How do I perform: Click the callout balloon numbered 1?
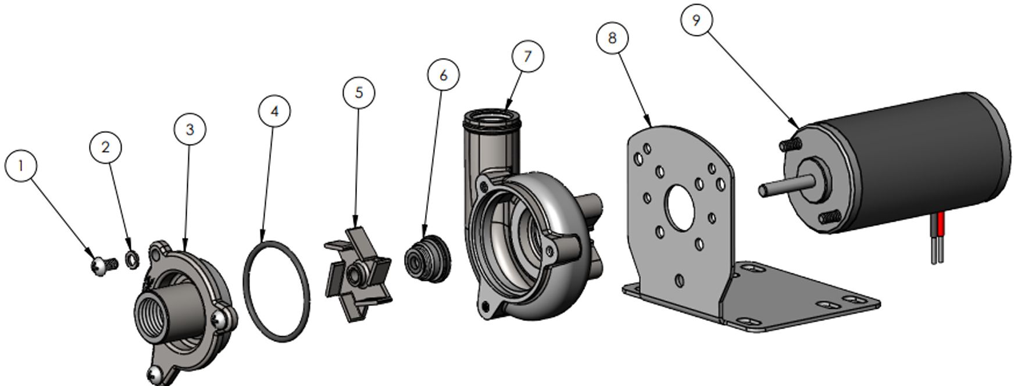click(x=22, y=165)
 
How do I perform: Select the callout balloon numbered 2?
click(x=105, y=147)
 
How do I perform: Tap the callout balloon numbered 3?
click(x=190, y=129)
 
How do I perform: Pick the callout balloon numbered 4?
click(x=275, y=111)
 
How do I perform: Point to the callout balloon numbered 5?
click(x=358, y=92)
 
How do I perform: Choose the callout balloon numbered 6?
click(x=443, y=75)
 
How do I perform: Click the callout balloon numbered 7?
click(x=527, y=56)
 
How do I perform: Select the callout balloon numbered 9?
click(x=696, y=20)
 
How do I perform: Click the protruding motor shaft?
click(x=783, y=187)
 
